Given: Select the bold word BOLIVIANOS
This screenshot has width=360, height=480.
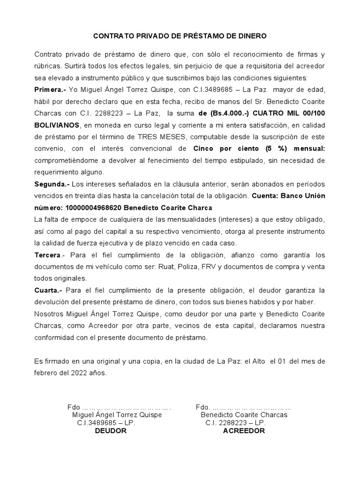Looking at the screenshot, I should (57, 125).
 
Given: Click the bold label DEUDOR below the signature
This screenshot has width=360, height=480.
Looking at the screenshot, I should (111, 431).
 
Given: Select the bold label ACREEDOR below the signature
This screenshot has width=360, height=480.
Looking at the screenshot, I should (244, 431).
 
